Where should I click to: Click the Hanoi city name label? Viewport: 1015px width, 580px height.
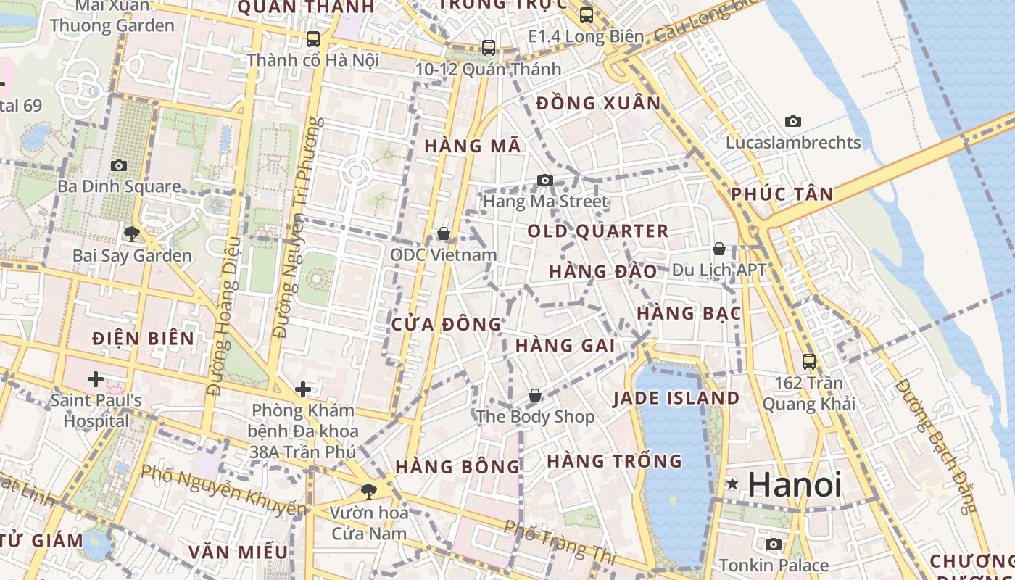click(x=795, y=484)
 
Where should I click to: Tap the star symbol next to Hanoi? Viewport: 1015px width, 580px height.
click(x=733, y=484)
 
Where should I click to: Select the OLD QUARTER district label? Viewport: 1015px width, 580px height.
click(x=598, y=231)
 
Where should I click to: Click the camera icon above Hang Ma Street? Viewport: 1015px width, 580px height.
click(x=545, y=180)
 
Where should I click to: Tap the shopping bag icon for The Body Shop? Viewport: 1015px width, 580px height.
click(x=535, y=395)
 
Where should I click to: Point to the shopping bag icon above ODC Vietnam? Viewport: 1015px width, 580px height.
click(x=443, y=233)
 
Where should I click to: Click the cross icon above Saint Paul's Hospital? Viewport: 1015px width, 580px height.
click(x=95, y=378)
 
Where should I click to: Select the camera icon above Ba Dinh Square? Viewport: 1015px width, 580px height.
click(x=119, y=165)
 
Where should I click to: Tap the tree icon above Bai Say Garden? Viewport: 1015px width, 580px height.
click(x=132, y=233)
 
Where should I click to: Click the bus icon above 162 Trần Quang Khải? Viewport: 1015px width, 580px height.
click(x=809, y=361)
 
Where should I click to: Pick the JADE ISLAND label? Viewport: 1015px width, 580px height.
click(x=676, y=398)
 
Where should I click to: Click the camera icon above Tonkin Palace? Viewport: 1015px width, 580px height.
click(x=774, y=544)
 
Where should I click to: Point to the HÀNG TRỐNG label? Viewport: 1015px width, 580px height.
click(x=615, y=461)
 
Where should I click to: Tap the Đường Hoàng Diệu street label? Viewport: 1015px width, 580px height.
click(x=223, y=316)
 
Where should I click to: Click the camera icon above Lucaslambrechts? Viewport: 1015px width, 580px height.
click(x=793, y=121)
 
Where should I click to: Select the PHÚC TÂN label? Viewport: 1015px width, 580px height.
click(x=782, y=194)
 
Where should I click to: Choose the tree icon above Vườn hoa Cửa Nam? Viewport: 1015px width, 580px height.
click(x=369, y=491)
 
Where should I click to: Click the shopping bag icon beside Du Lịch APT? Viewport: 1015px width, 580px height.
click(x=719, y=249)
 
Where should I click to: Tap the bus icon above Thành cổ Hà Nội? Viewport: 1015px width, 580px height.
click(x=313, y=38)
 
